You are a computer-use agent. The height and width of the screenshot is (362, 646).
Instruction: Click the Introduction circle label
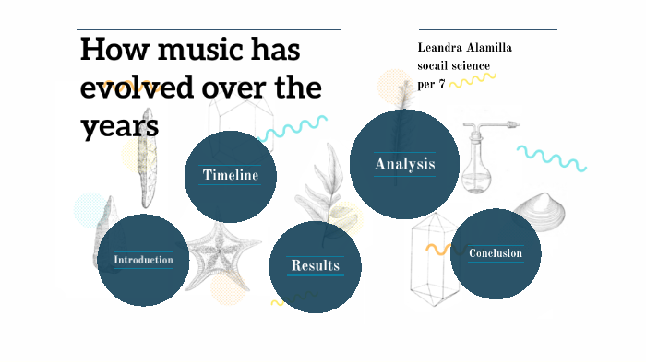(x=143, y=260)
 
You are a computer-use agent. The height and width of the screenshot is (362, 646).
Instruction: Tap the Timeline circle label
(x=230, y=175)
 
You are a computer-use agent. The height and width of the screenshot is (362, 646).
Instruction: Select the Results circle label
(x=316, y=265)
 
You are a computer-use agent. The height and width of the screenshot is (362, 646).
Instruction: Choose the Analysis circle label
(x=404, y=164)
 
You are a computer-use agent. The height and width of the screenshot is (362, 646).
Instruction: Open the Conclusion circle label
(x=496, y=253)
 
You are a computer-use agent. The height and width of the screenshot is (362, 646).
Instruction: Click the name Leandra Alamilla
(x=465, y=48)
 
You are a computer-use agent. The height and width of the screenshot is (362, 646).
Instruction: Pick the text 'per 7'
(x=431, y=83)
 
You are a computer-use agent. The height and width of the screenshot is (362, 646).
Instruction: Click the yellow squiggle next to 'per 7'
(x=473, y=81)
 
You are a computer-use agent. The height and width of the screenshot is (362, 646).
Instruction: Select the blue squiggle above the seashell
(x=551, y=158)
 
